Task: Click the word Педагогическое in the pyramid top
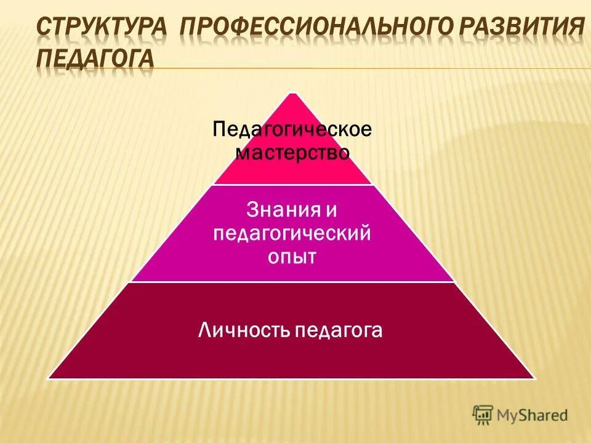[x=292, y=130]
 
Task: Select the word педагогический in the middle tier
[x=292, y=234]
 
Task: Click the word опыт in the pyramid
[x=292, y=257]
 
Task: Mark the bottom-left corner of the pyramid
[x=49, y=378]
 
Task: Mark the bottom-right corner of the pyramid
[x=534, y=378]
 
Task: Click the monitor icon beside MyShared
[x=483, y=414]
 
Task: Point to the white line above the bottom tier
[x=292, y=282]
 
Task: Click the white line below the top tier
[x=292, y=184]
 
